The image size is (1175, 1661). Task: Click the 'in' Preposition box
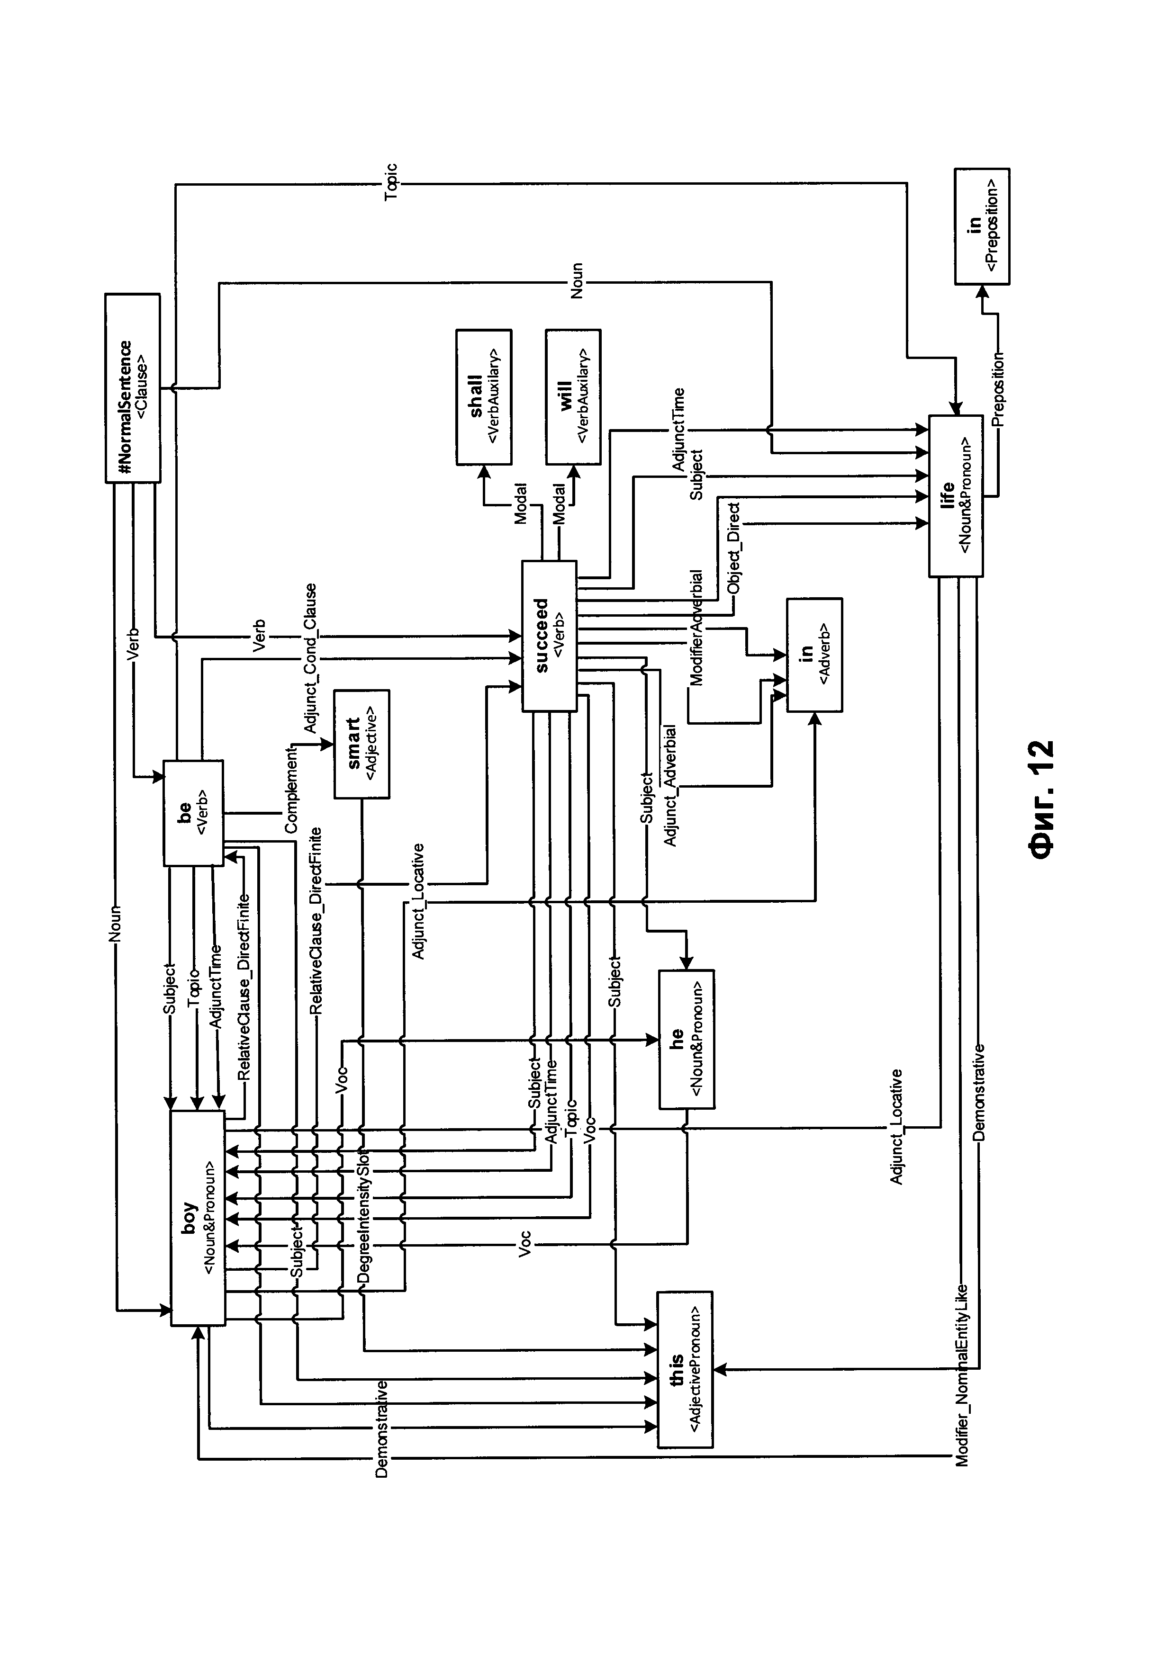tap(982, 226)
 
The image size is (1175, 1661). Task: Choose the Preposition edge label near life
tap(998, 391)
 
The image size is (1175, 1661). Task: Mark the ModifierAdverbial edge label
tap(696, 627)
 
